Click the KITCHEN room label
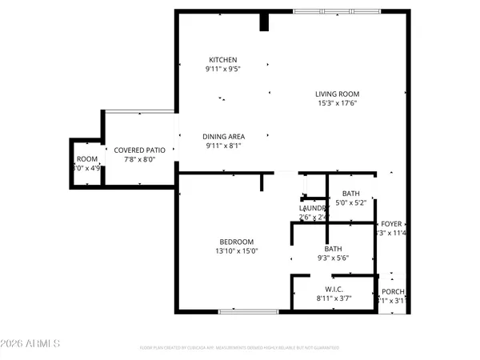point(223,60)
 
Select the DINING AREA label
point(223,137)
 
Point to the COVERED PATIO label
point(139,150)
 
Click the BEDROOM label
point(237,242)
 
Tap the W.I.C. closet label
point(334,289)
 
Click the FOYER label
point(391,224)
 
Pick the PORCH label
point(392,291)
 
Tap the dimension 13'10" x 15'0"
point(237,251)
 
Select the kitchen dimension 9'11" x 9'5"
point(223,69)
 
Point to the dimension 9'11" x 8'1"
point(223,146)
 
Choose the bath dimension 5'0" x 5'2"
point(351,202)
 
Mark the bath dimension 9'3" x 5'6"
point(334,258)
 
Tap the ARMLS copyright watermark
point(32,344)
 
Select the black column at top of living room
point(262,22)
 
